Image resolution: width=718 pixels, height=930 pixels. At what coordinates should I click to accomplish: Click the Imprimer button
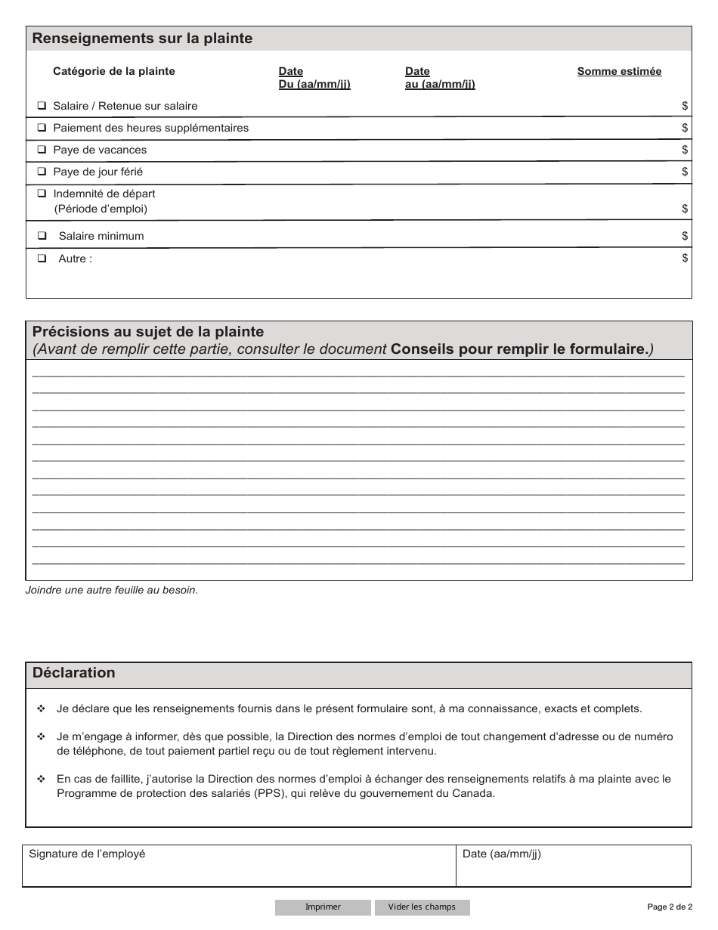[323, 907]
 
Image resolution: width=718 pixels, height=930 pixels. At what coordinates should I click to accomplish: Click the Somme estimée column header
[619, 71]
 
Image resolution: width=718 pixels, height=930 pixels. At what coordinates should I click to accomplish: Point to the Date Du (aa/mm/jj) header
[314, 78]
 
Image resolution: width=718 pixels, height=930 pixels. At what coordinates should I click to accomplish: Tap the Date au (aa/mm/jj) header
[440, 78]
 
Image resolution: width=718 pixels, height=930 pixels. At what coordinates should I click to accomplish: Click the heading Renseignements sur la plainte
[142, 39]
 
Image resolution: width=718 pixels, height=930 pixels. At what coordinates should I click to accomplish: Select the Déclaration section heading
[74, 673]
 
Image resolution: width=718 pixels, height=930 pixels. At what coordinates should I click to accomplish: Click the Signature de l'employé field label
[87, 854]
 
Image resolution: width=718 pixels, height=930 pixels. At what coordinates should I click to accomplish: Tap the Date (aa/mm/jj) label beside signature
[502, 854]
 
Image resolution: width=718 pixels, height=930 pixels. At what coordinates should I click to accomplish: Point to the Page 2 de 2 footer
[669, 907]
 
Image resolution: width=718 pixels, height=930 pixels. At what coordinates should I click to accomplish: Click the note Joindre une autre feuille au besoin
[112, 590]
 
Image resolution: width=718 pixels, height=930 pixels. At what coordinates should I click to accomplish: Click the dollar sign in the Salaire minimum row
[685, 236]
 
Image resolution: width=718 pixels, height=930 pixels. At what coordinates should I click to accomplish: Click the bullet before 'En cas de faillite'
[41, 779]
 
